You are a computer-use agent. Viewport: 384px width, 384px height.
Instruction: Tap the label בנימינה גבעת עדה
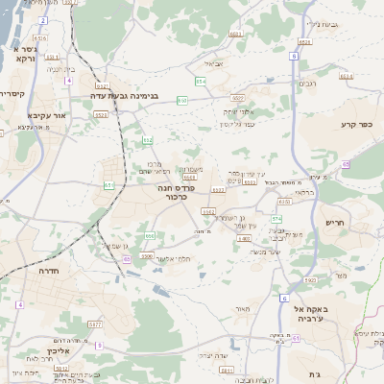coord(130,96)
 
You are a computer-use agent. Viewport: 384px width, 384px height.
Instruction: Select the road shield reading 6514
coord(345,76)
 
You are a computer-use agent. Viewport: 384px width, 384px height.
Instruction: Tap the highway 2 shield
coord(43,19)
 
